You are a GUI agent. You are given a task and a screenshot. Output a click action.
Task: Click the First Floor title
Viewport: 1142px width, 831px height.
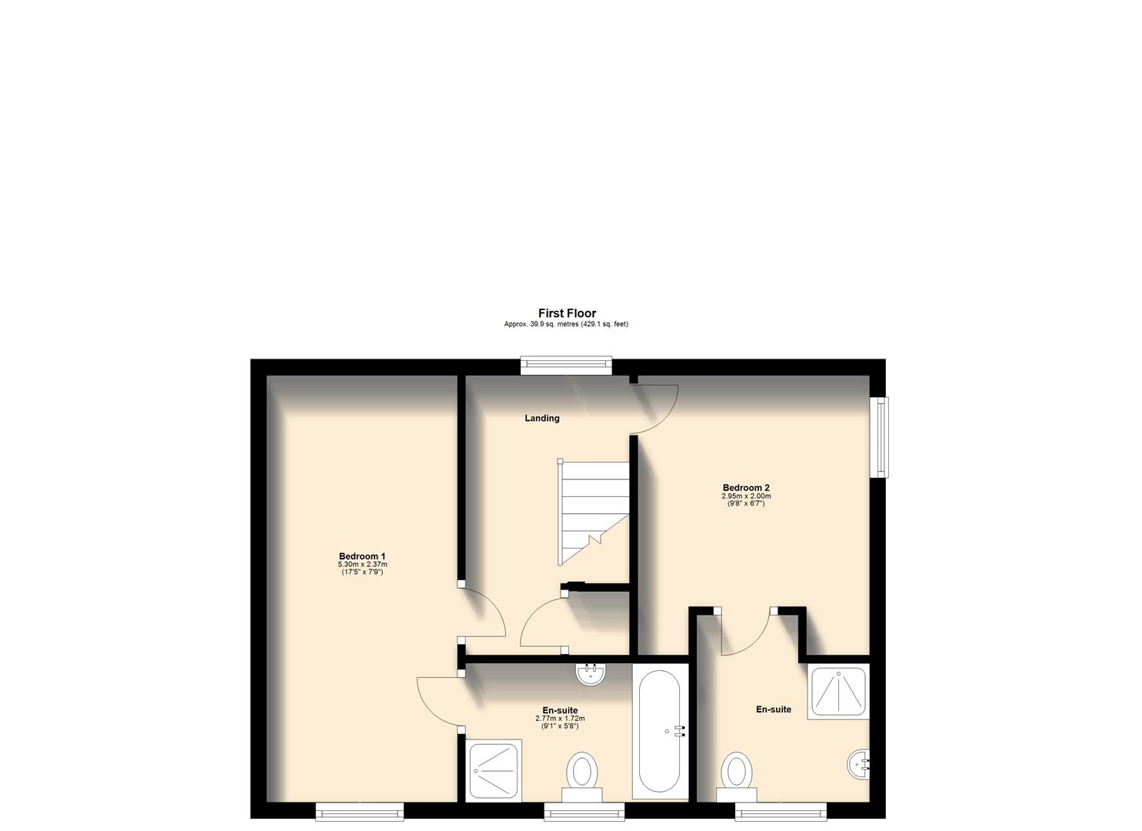pyautogui.click(x=567, y=313)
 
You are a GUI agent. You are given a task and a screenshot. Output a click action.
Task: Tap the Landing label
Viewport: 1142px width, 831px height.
pyautogui.click(x=542, y=419)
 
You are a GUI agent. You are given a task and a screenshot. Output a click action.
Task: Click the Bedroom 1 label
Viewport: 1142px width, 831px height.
pyautogui.click(x=362, y=556)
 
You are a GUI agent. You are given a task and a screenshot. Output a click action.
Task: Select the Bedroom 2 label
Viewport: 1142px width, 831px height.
pyautogui.click(x=746, y=487)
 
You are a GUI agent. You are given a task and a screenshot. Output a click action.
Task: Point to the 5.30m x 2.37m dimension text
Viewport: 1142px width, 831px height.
pyautogui.click(x=362, y=565)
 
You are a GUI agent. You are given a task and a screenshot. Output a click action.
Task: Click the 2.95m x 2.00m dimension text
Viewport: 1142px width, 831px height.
pyautogui.click(x=746, y=496)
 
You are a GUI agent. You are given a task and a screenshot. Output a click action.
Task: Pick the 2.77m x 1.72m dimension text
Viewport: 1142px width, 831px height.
pyautogui.click(x=560, y=719)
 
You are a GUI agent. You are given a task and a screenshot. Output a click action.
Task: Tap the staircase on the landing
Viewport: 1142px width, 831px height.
pyautogui.click(x=592, y=512)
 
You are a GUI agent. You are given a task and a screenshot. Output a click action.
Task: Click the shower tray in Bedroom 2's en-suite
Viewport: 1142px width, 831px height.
pyautogui.click(x=837, y=692)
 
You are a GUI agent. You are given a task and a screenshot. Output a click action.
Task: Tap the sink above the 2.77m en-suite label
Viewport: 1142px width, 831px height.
pyautogui.click(x=591, y=675)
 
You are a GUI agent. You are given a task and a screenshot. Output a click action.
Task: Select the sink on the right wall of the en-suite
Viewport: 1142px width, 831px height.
pyautogui.click(x=858, y=765)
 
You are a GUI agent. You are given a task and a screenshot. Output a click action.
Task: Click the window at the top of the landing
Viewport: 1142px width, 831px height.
pyautogui.click(x=566, y=366)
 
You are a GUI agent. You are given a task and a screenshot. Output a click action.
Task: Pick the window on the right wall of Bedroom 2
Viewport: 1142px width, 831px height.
pyautogui.click(x=878, y=437)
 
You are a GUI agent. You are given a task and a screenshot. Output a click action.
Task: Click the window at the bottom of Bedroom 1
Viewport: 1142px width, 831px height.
pyautogui.click(x=360, y=811)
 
